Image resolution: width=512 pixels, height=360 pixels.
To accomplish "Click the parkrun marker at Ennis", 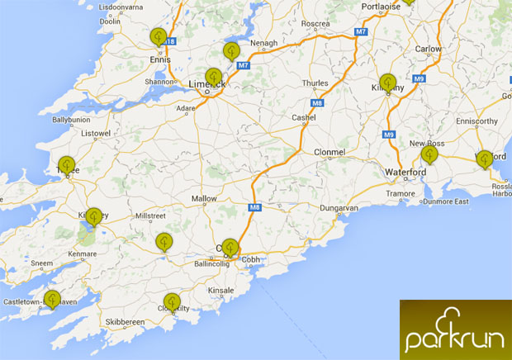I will tap(159, 37).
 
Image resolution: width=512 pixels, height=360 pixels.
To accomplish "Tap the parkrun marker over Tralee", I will tap(66, 165).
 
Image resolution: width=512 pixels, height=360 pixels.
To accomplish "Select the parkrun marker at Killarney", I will tap(94, 217).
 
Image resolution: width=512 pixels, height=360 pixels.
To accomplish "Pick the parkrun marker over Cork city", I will tap(230, 247).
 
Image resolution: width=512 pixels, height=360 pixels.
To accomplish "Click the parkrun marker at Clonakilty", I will tap(172, 303).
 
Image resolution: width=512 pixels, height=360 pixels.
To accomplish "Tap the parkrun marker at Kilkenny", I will tap(388, 83).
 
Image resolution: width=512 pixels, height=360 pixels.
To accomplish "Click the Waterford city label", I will tap(405, 172).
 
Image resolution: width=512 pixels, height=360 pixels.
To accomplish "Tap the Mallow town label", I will tap(203, 199).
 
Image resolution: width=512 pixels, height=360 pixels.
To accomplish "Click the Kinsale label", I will tap(222, 291).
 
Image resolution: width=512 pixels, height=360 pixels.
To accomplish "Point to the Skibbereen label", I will tap(122, 321).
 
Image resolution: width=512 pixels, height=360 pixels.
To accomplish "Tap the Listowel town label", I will tap(95, 133).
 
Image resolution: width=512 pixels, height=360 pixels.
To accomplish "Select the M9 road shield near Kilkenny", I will tap(419, 79).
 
